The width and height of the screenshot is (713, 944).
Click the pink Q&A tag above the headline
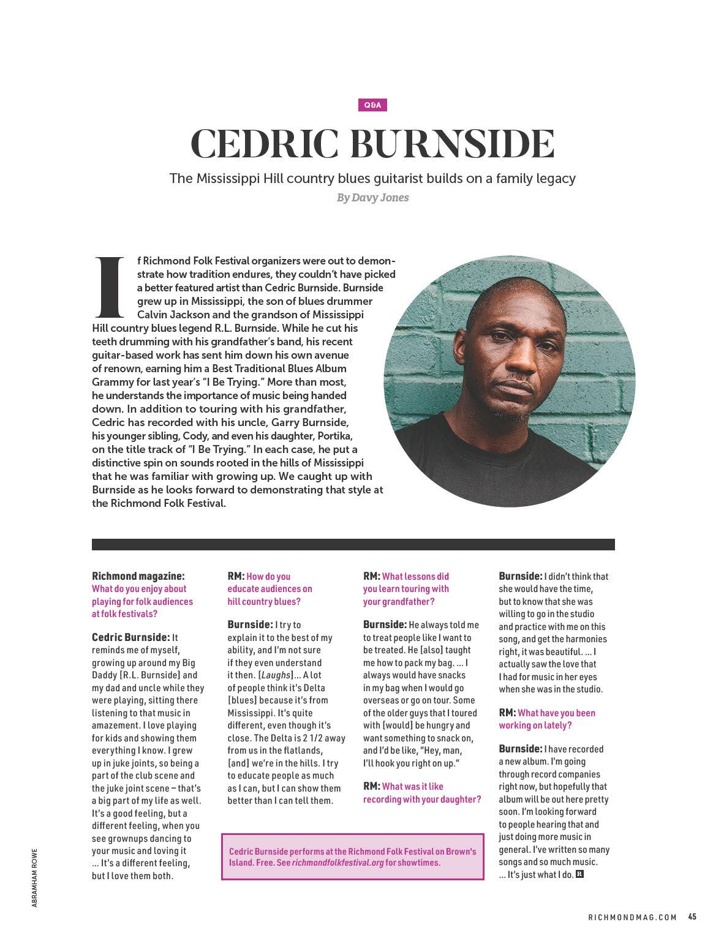(x=372, y=105)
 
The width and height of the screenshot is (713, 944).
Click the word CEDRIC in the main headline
(x=267, y=144)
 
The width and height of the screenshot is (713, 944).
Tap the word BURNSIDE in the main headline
(x=452, y=144)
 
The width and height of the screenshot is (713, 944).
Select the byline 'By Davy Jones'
(x=372, y=198)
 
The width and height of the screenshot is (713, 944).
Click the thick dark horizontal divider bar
(x=353, y=544)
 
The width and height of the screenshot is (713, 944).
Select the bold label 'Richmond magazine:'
(x=138, y=576)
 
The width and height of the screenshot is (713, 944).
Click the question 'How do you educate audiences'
(x=270, y=589)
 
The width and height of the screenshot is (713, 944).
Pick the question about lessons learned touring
(x=406, y=589)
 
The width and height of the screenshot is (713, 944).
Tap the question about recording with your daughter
(x=422, y=793)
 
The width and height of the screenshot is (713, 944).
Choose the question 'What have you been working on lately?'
(x=547, y=719)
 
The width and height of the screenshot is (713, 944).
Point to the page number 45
(x=692, y=916)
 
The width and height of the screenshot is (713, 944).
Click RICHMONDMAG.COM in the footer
(x=632, y=917)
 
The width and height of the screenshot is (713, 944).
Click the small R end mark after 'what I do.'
(x=579, y=874)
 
